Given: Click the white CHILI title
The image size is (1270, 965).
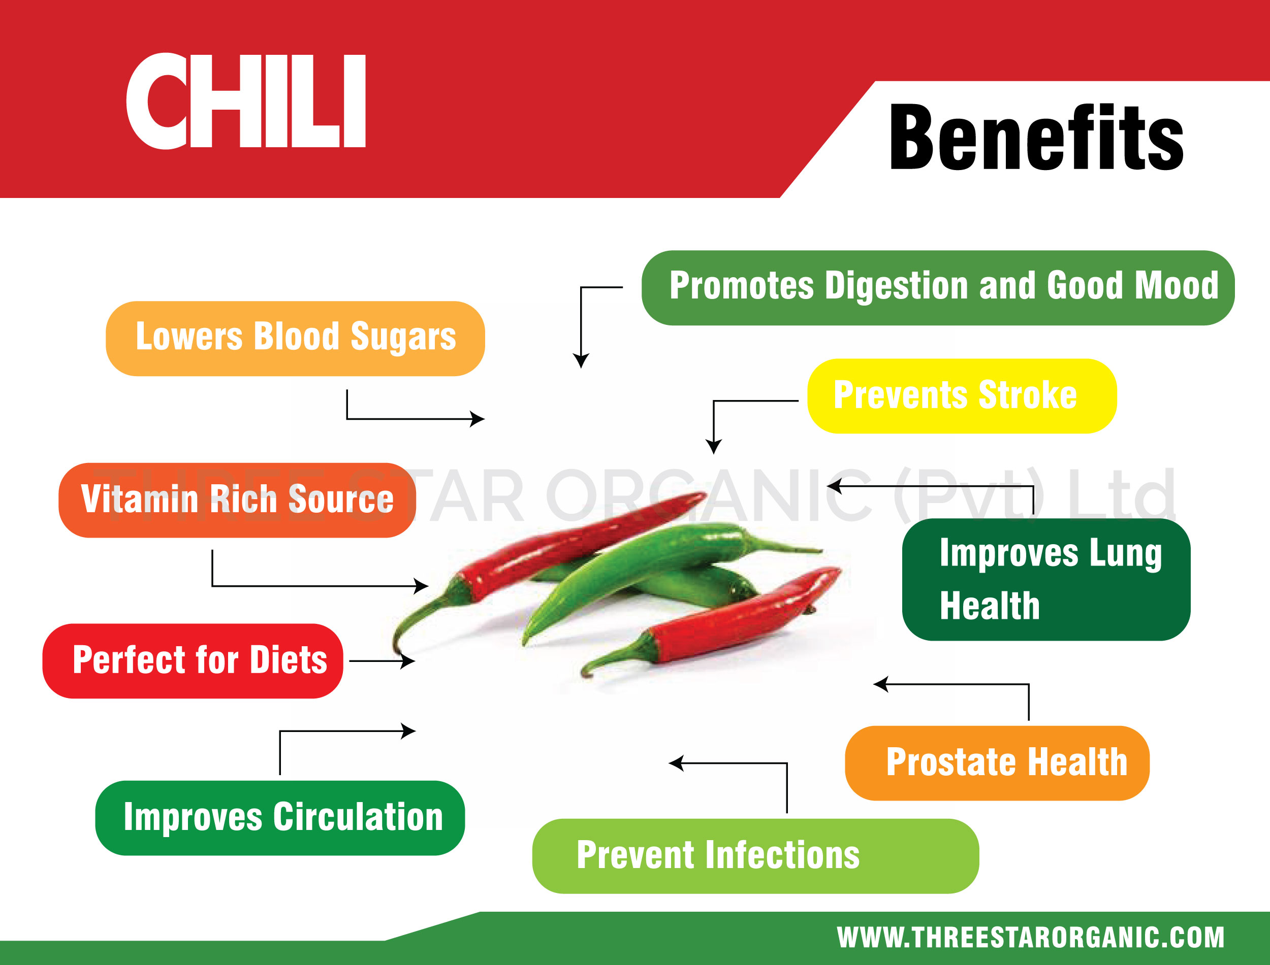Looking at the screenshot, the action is pyautogui.click(x=246, y=101).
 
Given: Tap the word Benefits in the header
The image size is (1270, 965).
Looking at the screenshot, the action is pyautogui.click(x=1036, y=138).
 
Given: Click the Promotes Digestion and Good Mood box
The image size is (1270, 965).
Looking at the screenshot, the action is pyautogui.click(x=938, y=288).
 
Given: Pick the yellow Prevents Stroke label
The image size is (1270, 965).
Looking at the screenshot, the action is pyautogui.click(x=962, y=396).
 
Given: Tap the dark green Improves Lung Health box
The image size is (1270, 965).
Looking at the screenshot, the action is pyautogui.click(x=1046, y=580).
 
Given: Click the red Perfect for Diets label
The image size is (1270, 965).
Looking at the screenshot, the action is pyautogui.click(x=193, y=661).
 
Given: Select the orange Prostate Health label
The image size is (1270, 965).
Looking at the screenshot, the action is pyautogui.click(x=997, y=763).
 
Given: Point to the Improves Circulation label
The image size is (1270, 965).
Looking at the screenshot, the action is pyautogui.click(x=280, y=818).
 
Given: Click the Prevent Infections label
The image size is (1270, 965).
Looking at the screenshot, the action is pyautogui.click(x=756, y=856).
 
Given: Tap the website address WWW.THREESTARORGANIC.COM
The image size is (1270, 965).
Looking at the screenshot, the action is pyautogui.click(x=1030, y=938).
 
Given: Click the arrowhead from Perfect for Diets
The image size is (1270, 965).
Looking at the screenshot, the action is pyautogui.click(x=408, y=661).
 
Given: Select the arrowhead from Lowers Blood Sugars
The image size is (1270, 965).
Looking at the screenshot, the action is pyautogui.click(x=478, y=419).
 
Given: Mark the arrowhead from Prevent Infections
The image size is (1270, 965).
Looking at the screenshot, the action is pyautogui.click(x=676, y=763).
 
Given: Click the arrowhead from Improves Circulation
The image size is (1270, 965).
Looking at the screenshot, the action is pyautogui.click(x=408, y=731).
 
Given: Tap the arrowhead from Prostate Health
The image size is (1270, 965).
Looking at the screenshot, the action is pyautogui.click(x=880, y=685).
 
